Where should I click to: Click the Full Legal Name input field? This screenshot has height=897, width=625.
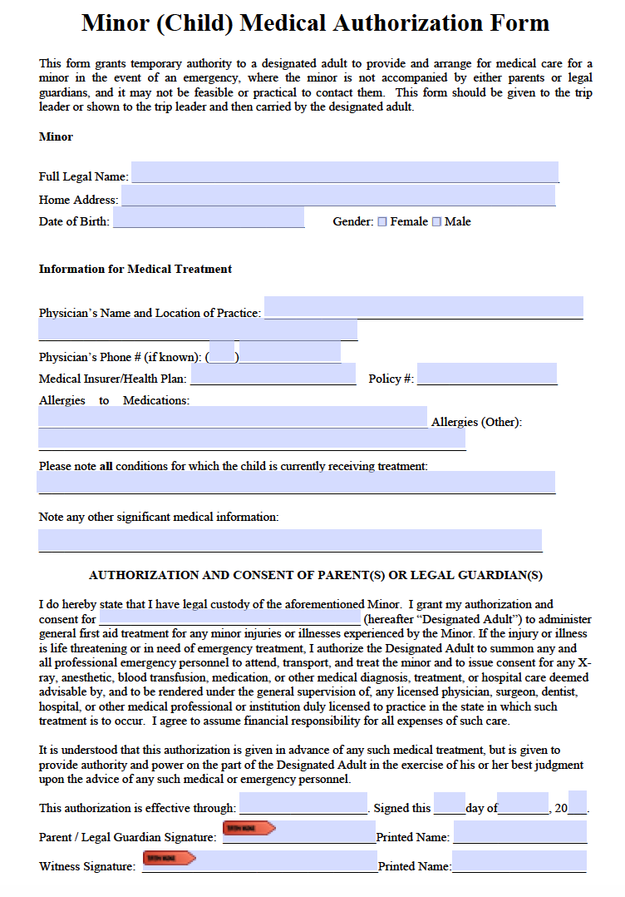point(344,172)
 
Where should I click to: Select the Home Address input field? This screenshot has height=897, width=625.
point(337,196)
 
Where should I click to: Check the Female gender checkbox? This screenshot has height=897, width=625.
point(382,222)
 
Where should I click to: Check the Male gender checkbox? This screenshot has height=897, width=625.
point(436,222)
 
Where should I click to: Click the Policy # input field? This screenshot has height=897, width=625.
point(486,374)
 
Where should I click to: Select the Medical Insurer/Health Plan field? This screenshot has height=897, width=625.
point(273,374)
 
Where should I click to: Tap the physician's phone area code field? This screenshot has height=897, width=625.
point(221,353)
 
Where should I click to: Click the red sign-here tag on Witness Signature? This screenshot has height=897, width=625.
point(169,857)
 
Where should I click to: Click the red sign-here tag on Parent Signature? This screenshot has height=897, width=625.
point(249,828)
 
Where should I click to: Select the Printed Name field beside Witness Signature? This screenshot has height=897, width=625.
point(519,861)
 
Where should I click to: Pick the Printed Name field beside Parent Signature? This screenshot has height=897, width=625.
point(519,832)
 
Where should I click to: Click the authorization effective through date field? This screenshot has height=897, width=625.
point(303,803)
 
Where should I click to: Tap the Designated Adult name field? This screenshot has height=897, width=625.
point(229,618)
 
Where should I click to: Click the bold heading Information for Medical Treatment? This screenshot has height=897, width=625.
point(135,269)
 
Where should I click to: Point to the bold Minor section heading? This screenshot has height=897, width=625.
point(56,136)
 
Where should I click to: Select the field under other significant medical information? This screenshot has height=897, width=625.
point(289,540)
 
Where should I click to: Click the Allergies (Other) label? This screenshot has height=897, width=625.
point(476,422)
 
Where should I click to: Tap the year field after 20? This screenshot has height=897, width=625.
point(578,803)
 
